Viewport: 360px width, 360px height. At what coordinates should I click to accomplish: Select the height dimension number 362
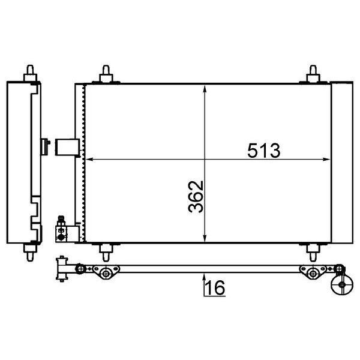196,196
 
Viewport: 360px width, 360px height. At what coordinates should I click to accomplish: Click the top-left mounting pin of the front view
106,74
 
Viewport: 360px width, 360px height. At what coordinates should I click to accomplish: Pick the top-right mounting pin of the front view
313,74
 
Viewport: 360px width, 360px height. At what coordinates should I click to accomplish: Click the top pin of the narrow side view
29,74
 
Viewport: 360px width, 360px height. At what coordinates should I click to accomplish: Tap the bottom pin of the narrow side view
29,248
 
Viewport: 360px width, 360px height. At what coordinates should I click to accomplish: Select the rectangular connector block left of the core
65,146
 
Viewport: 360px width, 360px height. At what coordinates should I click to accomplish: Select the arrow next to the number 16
205,283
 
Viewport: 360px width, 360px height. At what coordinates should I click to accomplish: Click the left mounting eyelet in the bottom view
106,274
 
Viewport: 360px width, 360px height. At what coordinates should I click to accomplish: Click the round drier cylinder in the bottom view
340,287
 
